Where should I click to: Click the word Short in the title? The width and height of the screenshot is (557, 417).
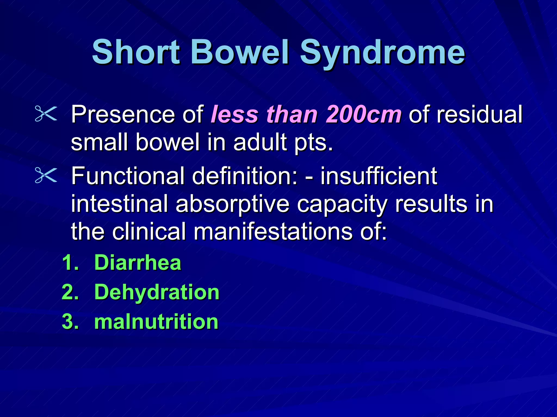point(136,52)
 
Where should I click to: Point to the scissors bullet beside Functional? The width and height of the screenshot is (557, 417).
point(46,175)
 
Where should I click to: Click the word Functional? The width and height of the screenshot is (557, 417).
point(128,176)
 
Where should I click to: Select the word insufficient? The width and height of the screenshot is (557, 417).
point(379,176)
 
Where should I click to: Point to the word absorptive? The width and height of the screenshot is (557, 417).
point(233,204)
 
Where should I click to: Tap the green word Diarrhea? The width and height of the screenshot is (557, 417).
point(138,263)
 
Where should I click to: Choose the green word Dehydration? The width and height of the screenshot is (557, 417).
point(157,293)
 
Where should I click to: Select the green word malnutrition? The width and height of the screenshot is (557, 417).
point(156,322)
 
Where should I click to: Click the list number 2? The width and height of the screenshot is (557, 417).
point(70,293)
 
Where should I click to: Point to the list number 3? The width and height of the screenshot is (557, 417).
point(70,322)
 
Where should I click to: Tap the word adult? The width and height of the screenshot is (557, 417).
point(260,142)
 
